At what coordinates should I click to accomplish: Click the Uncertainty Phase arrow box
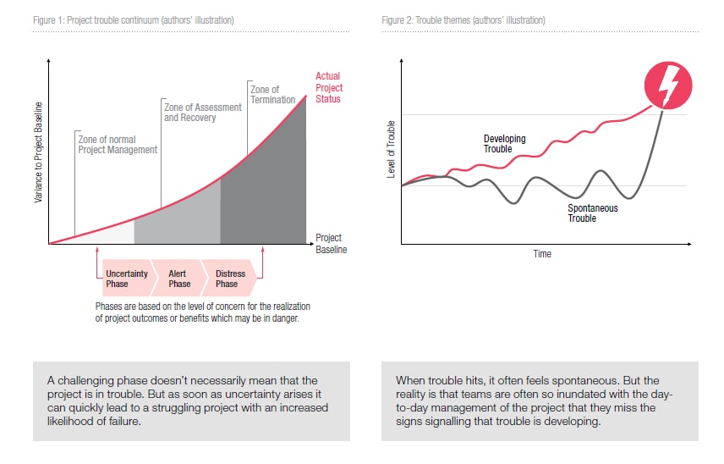tap(126, 279)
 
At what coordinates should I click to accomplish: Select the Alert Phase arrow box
tap(178, 279)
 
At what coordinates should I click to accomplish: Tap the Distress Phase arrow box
tap(230, 279)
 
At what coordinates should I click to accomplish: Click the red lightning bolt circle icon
tap(668, 85)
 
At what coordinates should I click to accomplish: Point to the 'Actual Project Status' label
tap(328, 87)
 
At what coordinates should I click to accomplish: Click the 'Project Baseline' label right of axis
tap(331, 244)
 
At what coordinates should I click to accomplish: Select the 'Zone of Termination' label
tap(272, 94)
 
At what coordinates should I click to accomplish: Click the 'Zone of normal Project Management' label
tap(117, 144)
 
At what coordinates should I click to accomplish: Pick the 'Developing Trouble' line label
tap(504, 144)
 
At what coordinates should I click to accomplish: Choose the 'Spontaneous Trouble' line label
tap(592, 213)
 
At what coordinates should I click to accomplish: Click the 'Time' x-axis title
tap(542, 254)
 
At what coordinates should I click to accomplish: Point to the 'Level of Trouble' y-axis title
tap(391, 150)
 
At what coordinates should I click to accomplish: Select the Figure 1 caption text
tap(134, 19)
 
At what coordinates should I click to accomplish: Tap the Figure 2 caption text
tap(463, 19)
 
